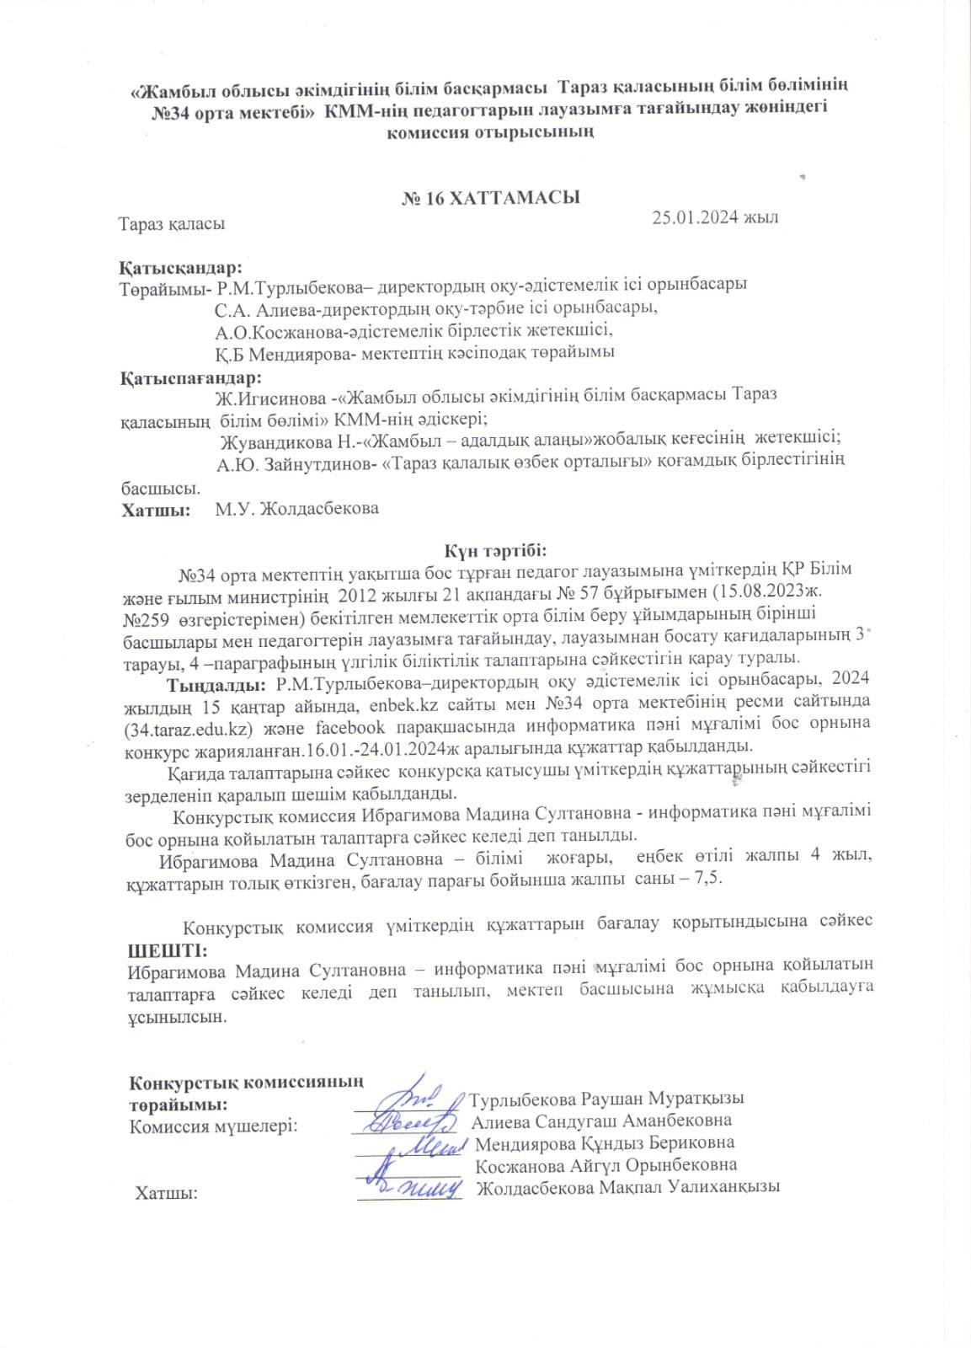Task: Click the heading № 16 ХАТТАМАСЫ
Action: click(x=489, y=199)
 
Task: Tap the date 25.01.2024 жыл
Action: click(x=715, y=217)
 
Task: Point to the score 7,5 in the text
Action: click(x=705, y=878)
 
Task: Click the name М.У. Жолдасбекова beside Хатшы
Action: click(x=296, y=508)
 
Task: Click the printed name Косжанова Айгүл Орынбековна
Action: click(x=606, y=1165)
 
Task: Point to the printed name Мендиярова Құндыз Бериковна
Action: click(x=605, y=1143)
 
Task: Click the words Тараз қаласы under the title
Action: click(x=172, y=225)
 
